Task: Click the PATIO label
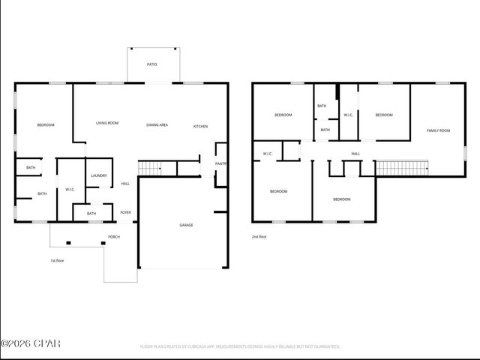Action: coord(152,64)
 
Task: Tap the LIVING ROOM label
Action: coord(107,123)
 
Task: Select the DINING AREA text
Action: coord(157,124)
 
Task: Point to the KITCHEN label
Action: coord(200,126)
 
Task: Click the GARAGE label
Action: coord(186,225)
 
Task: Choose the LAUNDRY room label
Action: coord(99,175)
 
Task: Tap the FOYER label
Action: coord(126,212)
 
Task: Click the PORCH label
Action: coord(114,237)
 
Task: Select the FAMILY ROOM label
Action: coord(438,130)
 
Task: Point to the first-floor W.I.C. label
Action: coord(70,189)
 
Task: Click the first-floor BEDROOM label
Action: coord(45,124)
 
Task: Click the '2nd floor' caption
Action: coord(259,236)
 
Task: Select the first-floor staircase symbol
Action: coord(150,169)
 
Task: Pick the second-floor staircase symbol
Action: coord(400,167)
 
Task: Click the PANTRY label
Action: coord(221,163)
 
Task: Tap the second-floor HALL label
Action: coord(355,154)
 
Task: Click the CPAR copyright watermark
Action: coord(31,344)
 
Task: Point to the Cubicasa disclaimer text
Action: coord(240,346)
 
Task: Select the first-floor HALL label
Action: coord(125,184)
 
